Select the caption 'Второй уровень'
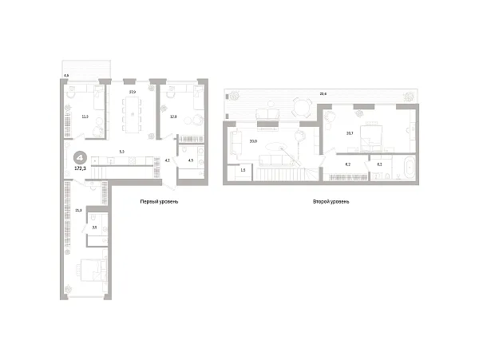[x=332, y=202]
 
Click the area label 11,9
[x=85, y=116]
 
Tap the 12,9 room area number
[x=174, y=116]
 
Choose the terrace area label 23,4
[x=323, y=93]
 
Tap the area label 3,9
[x=94, y=228]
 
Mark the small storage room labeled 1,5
[x=243, y=170]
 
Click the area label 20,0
[x=253, y=141]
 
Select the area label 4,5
[x=190, y=160]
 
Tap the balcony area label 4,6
[x=66, y=76]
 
